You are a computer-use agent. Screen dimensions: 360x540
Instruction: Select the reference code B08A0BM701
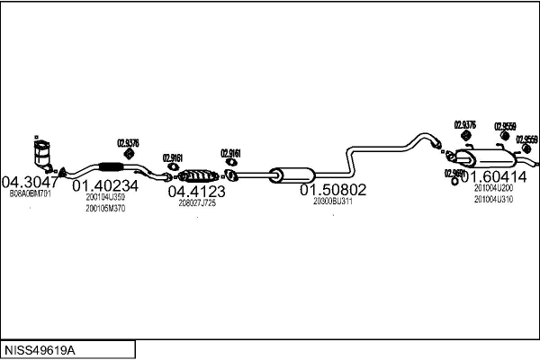coord(31,193)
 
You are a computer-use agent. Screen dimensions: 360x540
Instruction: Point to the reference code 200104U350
coord(105,197)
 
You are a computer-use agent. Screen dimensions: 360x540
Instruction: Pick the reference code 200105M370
coord(105,208)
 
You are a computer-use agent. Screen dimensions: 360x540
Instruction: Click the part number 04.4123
coord(197,191)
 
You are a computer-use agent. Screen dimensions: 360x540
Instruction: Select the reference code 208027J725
coord(197,202)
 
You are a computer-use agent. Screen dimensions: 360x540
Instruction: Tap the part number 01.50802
coord(333,190)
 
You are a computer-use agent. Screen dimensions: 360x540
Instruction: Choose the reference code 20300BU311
coord(333,202)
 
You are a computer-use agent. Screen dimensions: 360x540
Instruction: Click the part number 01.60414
coord(492,176)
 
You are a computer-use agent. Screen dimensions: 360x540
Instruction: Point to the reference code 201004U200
coord(493,188)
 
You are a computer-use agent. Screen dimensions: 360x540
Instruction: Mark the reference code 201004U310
coord(493,199)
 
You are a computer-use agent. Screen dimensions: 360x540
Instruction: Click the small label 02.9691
coord(454,173)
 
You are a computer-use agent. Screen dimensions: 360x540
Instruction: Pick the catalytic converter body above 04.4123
coord(199,175)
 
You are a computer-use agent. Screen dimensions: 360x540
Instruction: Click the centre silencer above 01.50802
coord(290,173)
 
